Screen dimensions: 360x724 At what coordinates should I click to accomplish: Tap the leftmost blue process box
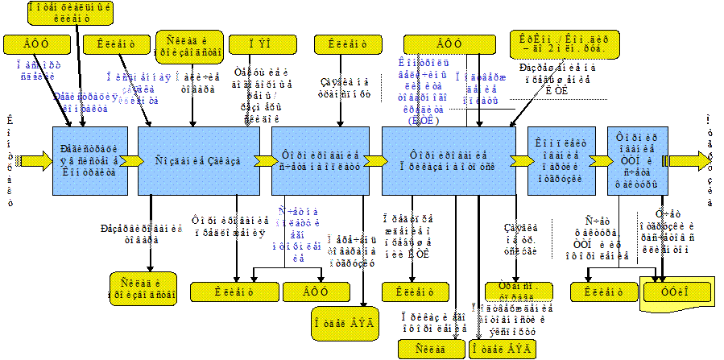[x=89, y=160]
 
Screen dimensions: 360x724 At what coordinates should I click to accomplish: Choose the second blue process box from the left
[x=198, y=160]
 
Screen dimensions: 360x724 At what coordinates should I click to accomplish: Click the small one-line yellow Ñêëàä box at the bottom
[x=432, y=349]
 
